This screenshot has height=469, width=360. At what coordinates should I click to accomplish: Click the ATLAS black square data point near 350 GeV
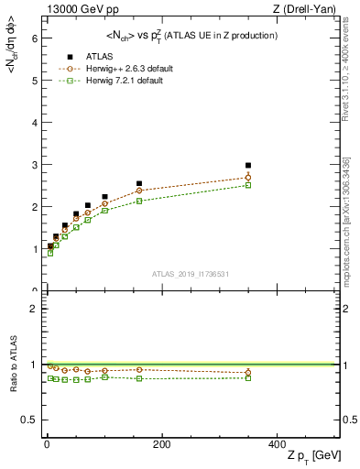coord(248,166)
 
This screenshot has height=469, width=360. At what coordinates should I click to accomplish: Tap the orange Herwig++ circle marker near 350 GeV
coord(248,178)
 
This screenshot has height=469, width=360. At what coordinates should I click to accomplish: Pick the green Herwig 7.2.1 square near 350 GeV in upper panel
coord(248,185)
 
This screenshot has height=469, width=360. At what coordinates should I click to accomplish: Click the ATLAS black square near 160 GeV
coord(139,183)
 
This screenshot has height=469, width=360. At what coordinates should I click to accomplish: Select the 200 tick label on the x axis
coord(161,444)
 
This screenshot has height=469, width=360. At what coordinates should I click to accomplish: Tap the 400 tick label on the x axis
coord(278,444)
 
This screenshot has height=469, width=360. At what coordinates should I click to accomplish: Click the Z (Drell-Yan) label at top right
coord(309,9)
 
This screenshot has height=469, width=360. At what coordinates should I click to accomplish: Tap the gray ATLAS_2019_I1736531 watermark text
coord(191,273)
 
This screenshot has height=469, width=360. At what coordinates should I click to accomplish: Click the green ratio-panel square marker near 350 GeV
coord(248,377)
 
